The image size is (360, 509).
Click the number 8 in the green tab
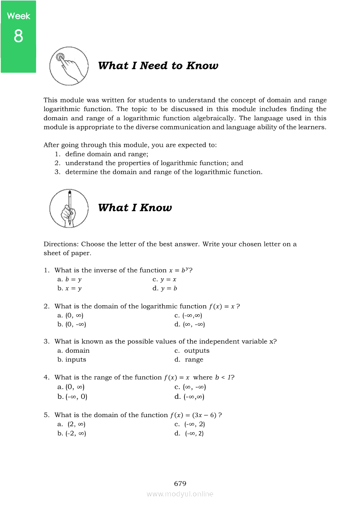(x=18, y=36)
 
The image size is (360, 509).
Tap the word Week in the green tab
(x=19, y=16)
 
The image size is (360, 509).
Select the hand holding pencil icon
(x=69, y=208)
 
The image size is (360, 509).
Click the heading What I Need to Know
(x=158, y=66)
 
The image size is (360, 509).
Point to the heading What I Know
(x=135, y=208)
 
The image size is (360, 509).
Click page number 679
(x=180, y=483)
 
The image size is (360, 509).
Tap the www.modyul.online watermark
(x=180, y=494)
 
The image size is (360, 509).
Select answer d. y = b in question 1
(x=165, y=288)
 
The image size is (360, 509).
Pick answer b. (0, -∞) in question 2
(x=71, y=324)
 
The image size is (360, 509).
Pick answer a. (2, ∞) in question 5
(x=71, y=424)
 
